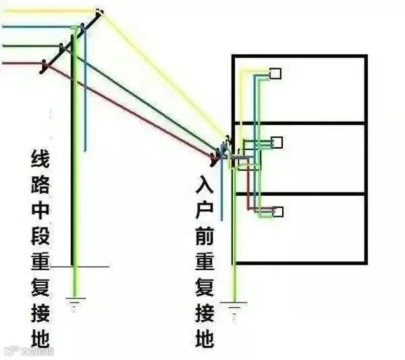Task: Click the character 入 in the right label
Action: pos(206,186)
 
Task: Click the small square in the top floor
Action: pos(275,74)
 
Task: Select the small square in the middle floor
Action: pos(275,142)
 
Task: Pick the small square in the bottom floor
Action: pos(277,211)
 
